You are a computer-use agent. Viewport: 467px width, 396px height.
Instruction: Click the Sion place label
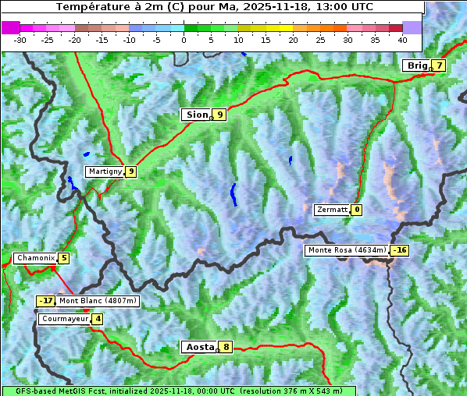196,115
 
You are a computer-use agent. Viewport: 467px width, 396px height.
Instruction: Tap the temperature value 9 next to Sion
220,115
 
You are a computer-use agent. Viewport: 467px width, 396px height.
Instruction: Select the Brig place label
417,65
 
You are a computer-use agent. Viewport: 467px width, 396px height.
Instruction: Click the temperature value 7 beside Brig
440,65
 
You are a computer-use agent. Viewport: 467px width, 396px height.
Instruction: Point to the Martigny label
105,171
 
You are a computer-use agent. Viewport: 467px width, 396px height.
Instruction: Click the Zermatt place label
332,210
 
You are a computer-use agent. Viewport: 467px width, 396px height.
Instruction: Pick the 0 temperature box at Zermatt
357,210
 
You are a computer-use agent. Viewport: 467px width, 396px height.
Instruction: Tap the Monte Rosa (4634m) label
347,250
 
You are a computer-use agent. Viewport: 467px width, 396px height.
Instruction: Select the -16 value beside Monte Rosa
400,250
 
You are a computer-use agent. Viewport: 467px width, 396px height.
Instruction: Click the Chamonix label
34,258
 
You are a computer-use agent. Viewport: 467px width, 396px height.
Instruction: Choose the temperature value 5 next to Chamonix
64,258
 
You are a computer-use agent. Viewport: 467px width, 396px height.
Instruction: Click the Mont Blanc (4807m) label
98,301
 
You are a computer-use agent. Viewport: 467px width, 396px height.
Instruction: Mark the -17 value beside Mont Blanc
46,301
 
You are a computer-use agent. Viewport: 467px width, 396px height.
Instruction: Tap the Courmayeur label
64,319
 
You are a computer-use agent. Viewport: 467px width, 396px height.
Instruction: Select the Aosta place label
199,347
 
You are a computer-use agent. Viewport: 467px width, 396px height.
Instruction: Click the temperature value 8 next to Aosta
226,347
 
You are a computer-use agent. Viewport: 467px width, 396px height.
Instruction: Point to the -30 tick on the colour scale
20,39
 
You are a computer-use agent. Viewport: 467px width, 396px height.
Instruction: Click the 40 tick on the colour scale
402,39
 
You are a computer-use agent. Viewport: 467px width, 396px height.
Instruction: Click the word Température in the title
91,7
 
